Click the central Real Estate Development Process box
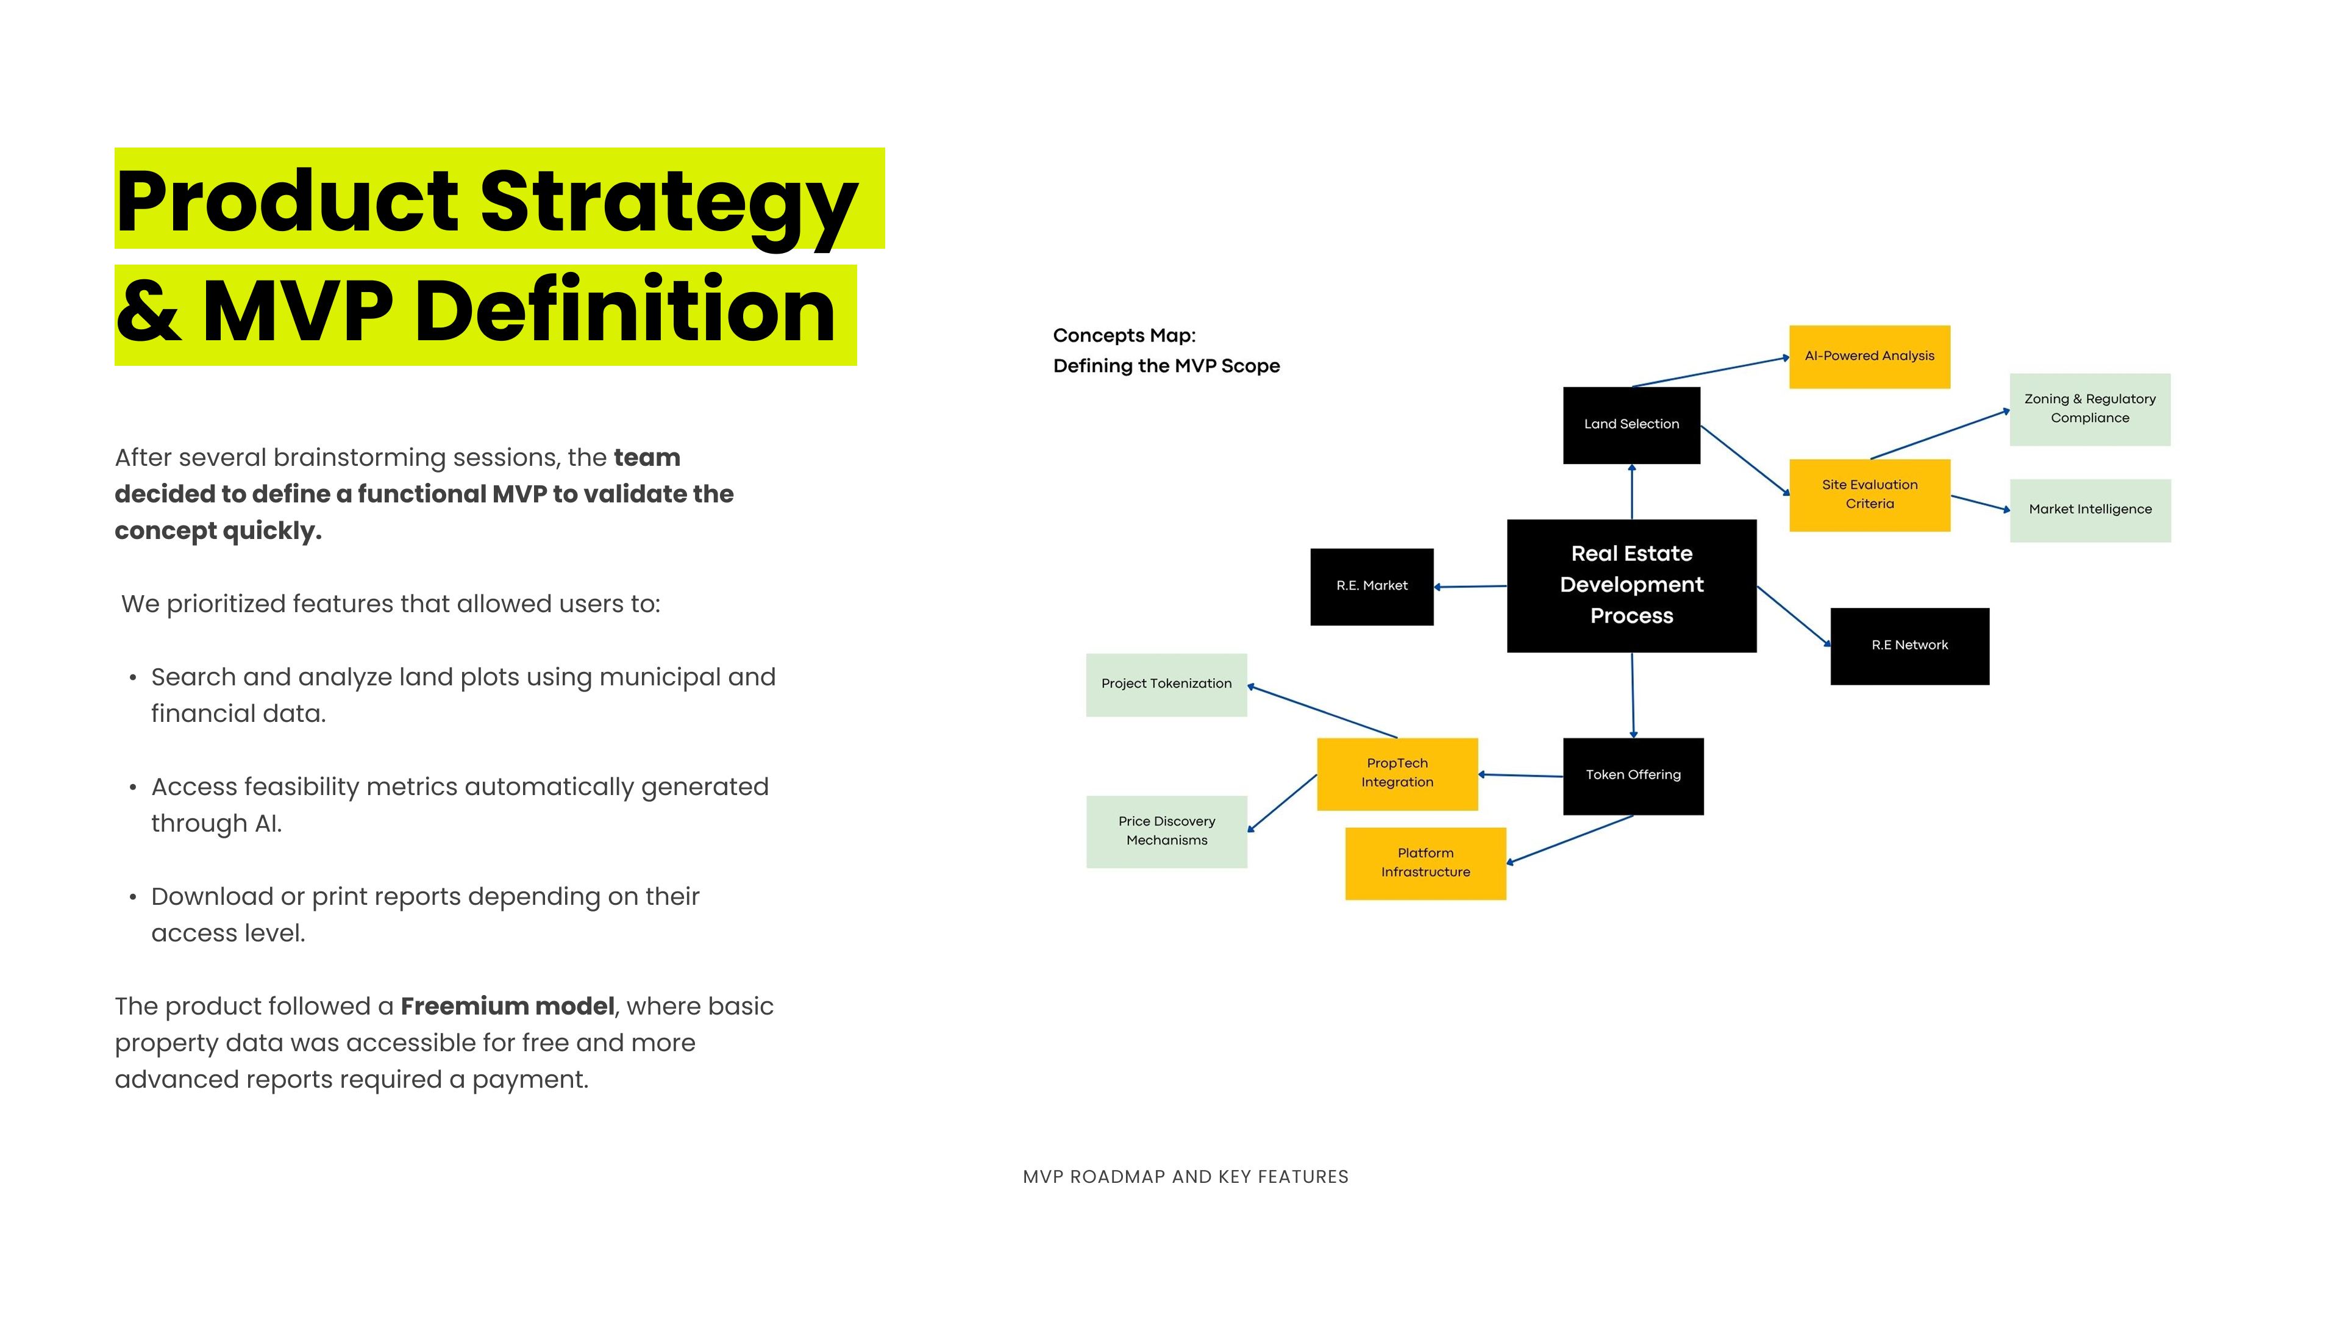(1631, 585)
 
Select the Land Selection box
(1631, 424)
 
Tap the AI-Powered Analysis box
(1869, 356)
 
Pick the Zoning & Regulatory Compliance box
(2089, 409)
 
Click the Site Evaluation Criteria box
(1869, 494)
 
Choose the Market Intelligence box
(2089, 510)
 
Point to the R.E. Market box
(1371, 586)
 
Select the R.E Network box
(1909, 645)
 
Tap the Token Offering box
(1633, 776)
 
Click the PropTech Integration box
(1397, 774)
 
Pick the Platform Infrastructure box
(1425, 863)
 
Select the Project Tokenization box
(1166, 684)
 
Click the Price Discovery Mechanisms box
(1166, 830)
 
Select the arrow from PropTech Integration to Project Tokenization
(1322, 712)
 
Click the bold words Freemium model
(507, 1006)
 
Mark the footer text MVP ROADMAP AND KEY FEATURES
(1185, 1177)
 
